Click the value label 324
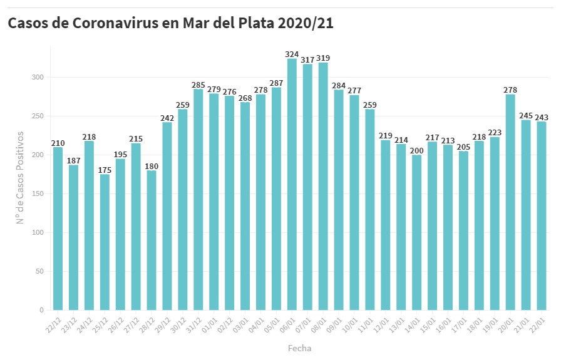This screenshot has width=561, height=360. pos(292,54)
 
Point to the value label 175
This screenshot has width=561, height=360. pos(105,170)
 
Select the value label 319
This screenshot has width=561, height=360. pos(323,58)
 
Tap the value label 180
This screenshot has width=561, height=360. pos(152,166)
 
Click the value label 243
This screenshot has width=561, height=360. pos(542,117)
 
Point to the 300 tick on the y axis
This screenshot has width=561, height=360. pos(40,78)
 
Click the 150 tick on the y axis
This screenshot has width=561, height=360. pos(40,194)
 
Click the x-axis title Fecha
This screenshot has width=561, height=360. pos(299,348)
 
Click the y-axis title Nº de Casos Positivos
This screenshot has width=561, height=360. pos(20,177)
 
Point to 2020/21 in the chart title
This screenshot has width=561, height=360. pos(298,23)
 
